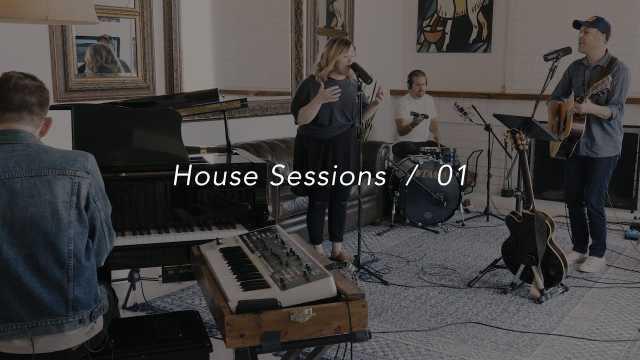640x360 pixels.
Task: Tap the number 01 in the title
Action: (x=452, y=176)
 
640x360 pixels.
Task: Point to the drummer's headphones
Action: (x=410, y=78)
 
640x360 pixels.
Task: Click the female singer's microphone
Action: (x=361, y=73)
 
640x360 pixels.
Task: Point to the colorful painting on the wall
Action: (x=454, y=26)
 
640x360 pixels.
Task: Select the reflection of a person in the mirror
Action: (x=102, y=60)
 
